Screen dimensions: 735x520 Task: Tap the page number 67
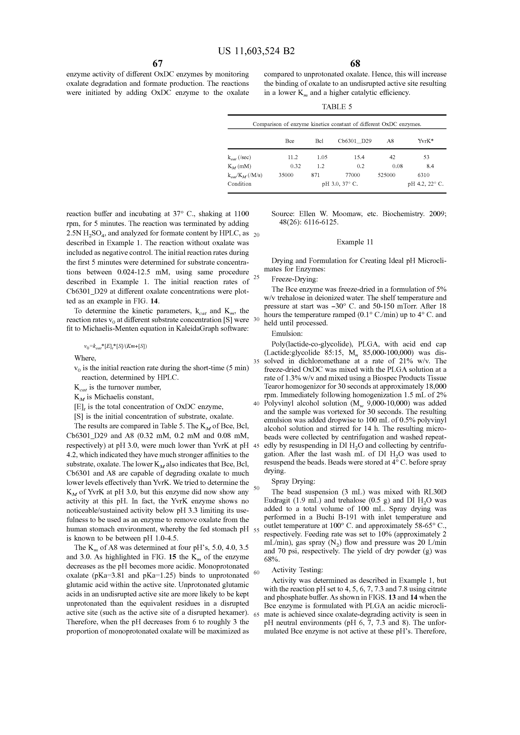[157, 63]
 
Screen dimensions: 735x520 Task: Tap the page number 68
[355, 63]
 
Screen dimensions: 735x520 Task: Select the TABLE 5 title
[337, 107]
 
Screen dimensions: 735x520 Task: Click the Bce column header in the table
[289, 141]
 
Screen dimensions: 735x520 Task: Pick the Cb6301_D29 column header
[354, 141]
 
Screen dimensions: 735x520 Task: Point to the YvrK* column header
[426, 141]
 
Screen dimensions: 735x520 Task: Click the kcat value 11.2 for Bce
[293, 157]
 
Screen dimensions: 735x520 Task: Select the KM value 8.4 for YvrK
[430, 166]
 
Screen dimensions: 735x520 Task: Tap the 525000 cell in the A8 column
[386, 175]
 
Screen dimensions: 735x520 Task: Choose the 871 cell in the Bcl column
[315, 175]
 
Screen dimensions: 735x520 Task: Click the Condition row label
[239, 184]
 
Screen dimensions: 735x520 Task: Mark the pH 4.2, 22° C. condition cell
[426, 184]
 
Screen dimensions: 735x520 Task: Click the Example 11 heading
[355, 242]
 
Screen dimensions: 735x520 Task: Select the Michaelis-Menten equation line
[115, 346]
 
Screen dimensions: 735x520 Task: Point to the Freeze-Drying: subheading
[294, 279]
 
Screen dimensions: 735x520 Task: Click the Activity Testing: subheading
[297, 570]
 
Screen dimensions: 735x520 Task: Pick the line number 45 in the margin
[256, 446]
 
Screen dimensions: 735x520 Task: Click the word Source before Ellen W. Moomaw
[283, 214]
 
